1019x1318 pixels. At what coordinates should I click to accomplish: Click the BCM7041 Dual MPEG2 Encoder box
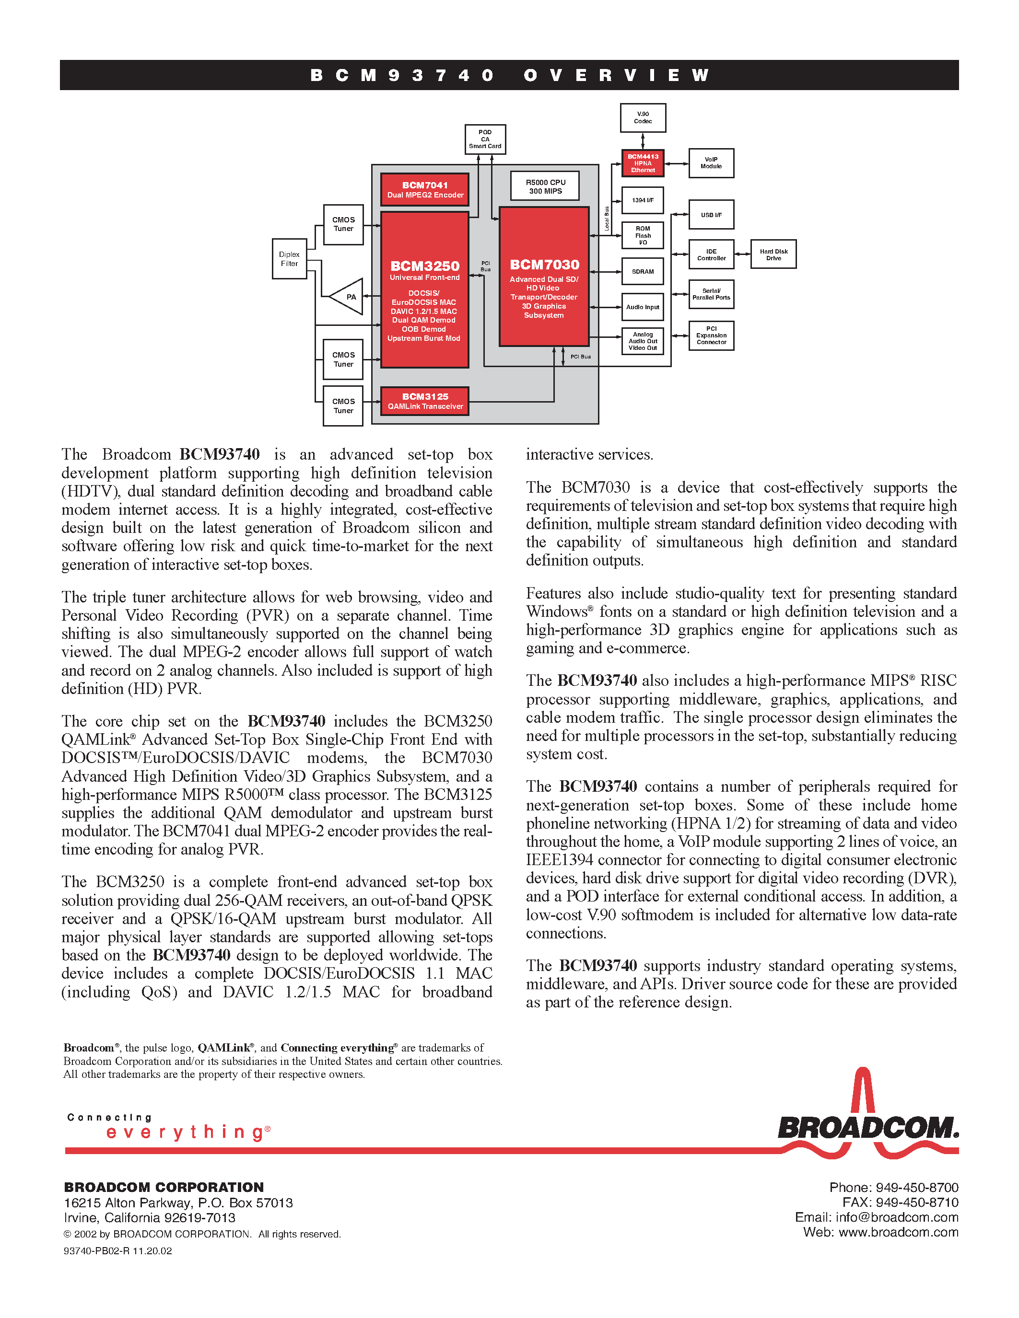[x=425, y=189]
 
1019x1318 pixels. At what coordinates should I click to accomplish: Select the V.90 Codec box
[x=643, y=118]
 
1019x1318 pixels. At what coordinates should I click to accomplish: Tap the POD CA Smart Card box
[x=485, y=139]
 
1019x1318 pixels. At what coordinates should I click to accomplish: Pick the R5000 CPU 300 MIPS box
[x=545, y=186]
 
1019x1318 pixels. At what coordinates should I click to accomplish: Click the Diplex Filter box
[x=289, y=259]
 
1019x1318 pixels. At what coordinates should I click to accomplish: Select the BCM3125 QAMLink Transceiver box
[x=425, y=401]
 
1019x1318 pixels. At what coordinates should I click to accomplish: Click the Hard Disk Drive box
[x=773, y=254]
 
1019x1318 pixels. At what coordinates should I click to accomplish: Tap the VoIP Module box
[x=711, y=163]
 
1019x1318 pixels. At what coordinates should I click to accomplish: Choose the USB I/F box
[x=711, y=215]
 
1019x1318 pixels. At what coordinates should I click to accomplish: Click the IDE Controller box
[x=711, y=254]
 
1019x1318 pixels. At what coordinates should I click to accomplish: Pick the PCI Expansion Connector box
[x=711, y=335]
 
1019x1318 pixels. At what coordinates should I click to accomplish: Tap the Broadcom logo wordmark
[x=867, y=1127]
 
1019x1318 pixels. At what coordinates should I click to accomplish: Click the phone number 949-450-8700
[x=916, y=1188]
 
